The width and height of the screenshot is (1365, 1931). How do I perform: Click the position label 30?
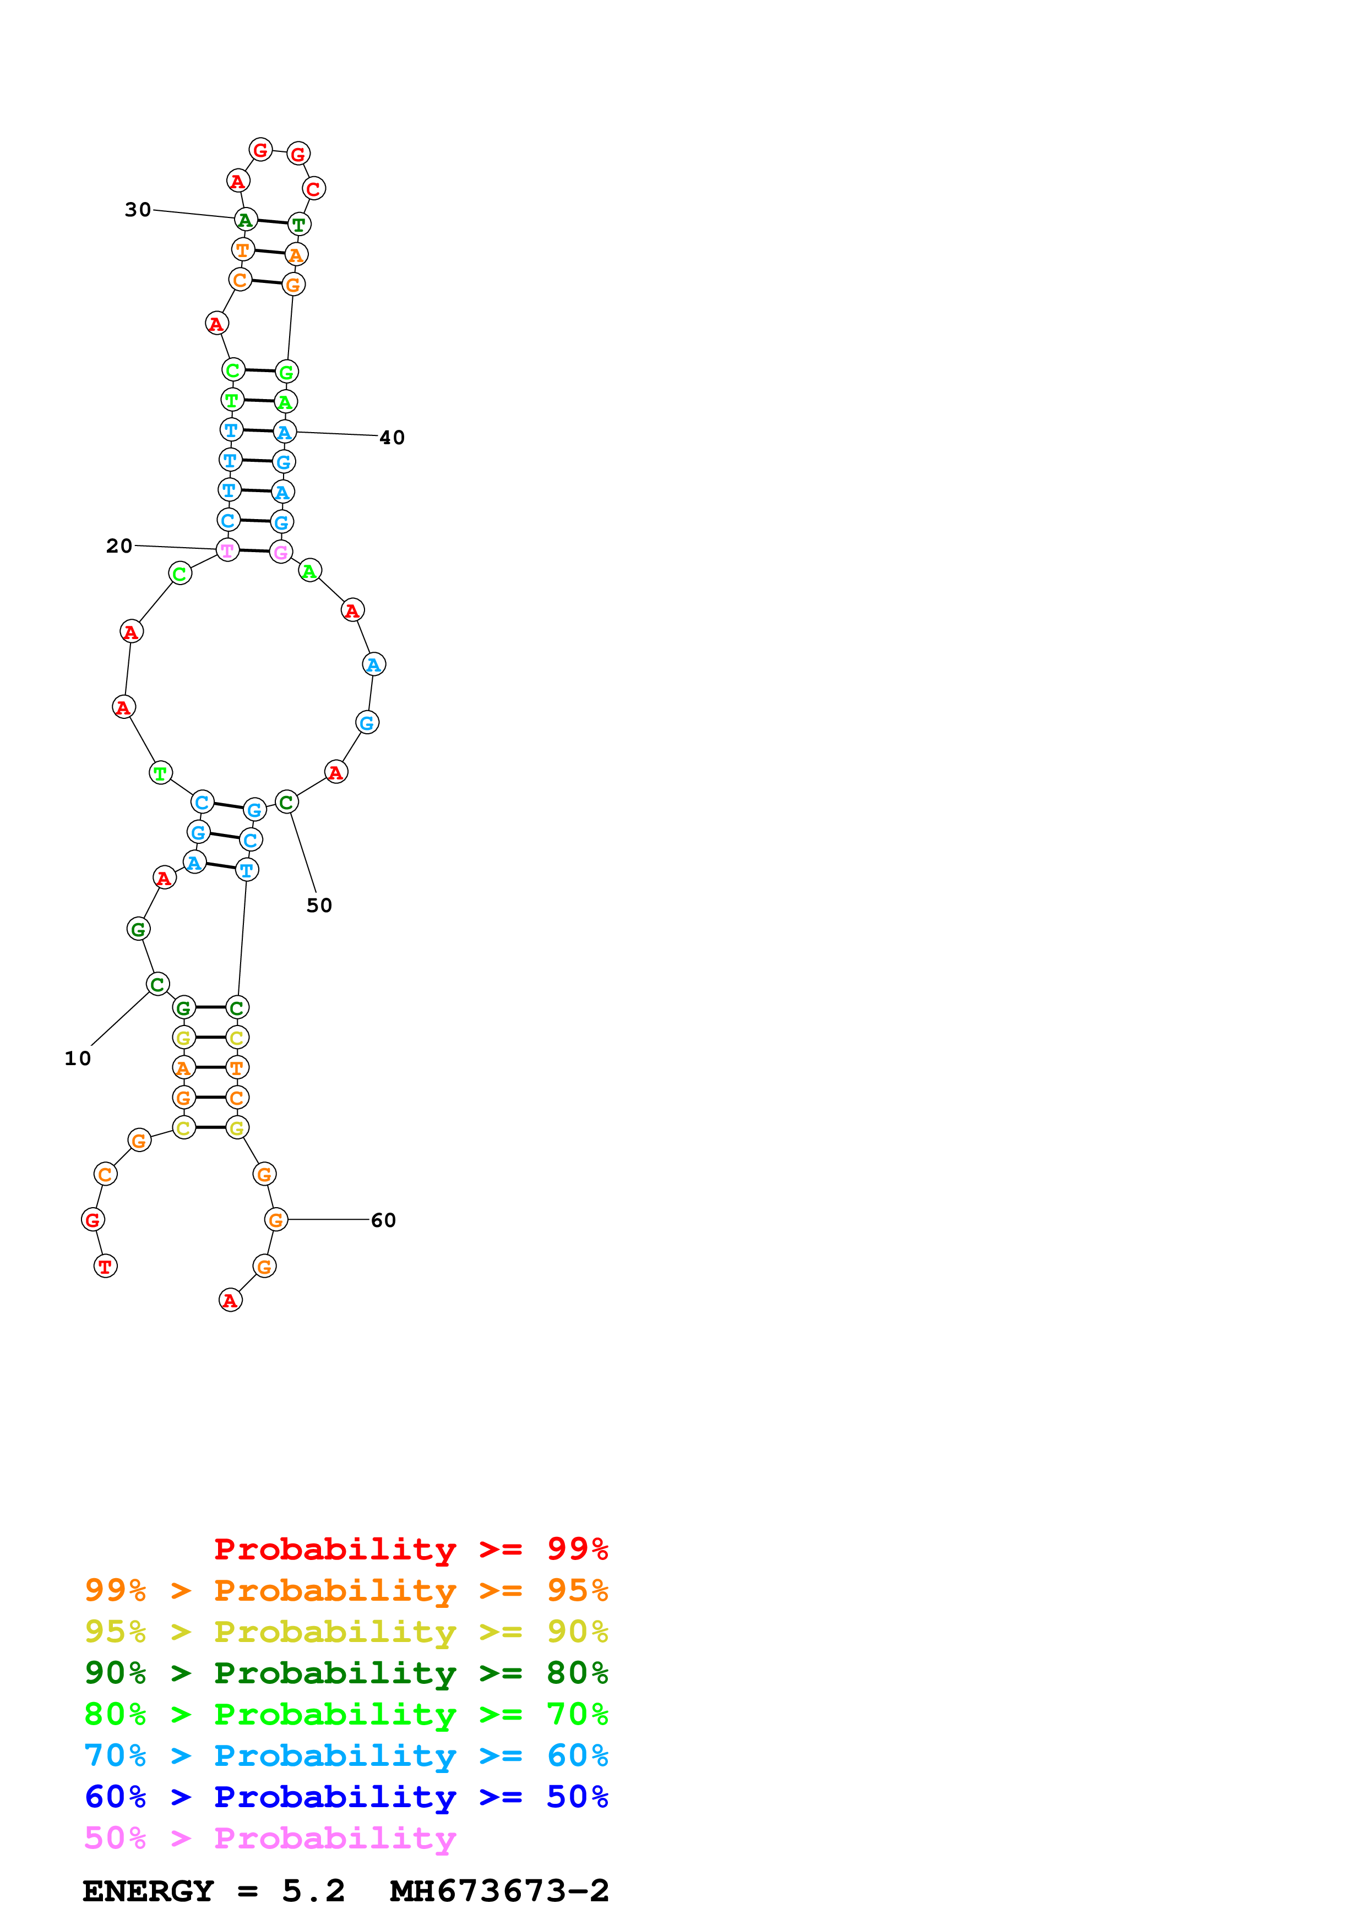click(138, 209)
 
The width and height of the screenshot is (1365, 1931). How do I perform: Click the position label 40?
click(392, 437)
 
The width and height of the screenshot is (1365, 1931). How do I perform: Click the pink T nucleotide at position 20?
click(227, 551)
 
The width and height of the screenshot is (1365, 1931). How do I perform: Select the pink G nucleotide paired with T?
click(281, 553)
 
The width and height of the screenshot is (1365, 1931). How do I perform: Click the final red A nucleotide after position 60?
click(231, 1300)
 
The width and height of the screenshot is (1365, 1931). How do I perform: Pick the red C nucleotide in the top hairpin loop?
click(314, 189)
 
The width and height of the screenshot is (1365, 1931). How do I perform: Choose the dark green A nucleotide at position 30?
click(244, 220)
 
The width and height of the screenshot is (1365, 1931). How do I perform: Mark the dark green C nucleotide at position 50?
click(287, 803)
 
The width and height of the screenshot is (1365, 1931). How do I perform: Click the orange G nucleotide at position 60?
click(276, 1219)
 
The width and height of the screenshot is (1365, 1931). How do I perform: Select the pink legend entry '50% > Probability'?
click(269, 1837)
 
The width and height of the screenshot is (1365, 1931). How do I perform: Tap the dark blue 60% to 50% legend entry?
click(346, 1797)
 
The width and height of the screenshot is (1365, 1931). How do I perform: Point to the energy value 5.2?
click(313, 1891)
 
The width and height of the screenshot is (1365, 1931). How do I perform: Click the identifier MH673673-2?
click(499, 1891)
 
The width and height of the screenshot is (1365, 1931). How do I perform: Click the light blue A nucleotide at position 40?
click(285, 432)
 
